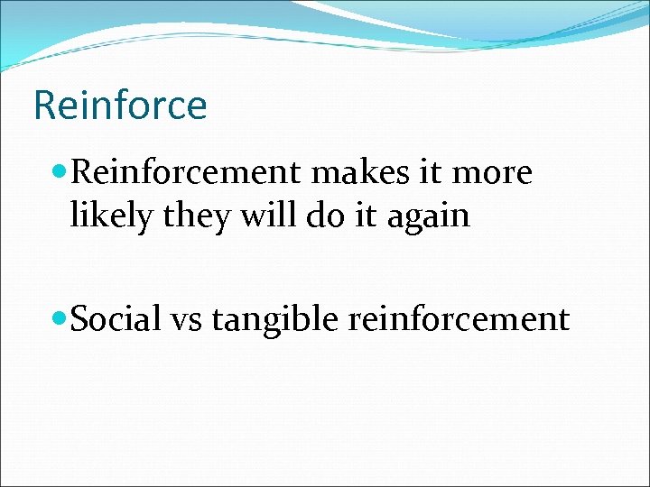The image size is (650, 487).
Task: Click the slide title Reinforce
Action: click(120, 105)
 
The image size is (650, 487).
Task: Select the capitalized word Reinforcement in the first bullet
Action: click(185, 173)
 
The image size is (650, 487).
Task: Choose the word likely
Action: click(107, 216)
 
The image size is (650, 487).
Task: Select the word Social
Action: click(112, 318)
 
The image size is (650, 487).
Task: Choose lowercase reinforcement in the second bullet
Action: click(453, 319)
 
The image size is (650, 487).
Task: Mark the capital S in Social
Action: click(78, 318)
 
